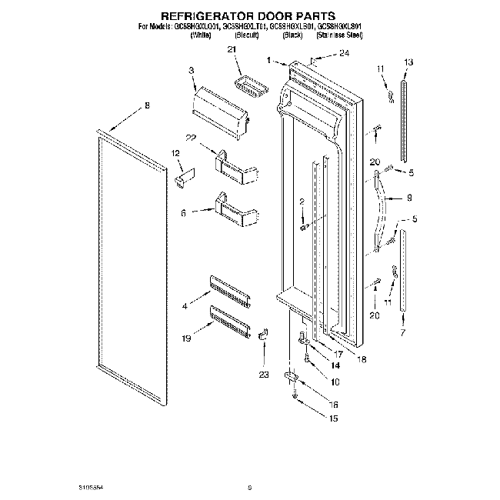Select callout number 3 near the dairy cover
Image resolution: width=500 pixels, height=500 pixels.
(x=191, y=71)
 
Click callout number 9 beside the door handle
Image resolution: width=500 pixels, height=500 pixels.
(x=409, y=197)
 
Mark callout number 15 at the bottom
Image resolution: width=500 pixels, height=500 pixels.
(x=332, y=418)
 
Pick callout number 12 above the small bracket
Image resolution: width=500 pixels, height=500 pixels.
(x=175, y=154)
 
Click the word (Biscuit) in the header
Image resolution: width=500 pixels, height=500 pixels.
(x=248, y=35)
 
